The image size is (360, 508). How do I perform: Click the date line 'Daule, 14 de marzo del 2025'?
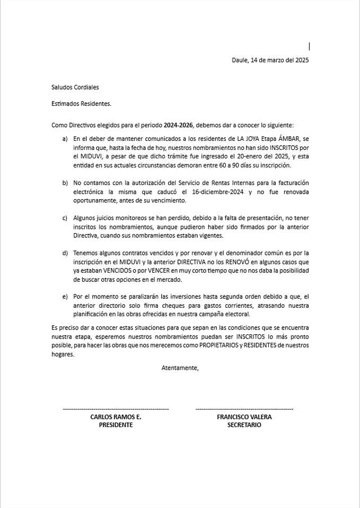270,60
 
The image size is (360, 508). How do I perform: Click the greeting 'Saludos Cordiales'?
75,87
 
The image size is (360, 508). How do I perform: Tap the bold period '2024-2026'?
179,126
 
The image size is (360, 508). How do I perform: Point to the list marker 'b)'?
65,183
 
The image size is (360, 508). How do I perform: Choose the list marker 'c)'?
65,218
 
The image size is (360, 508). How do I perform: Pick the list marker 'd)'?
65,253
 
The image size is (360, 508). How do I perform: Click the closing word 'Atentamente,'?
180,368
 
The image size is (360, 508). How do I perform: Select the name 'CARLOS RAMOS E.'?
116,417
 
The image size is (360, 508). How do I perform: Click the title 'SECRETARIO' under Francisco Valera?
244,425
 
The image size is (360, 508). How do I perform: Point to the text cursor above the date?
309,47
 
